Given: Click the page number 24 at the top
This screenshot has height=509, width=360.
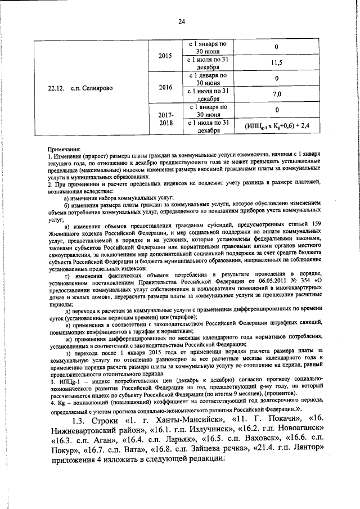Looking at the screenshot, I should tap(181, 22).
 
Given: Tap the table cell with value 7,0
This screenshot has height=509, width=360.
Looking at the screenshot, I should tap(276, 94).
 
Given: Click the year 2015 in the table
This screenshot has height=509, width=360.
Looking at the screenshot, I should tap(165, 57).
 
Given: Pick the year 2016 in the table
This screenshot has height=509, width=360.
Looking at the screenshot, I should tap(165, 87).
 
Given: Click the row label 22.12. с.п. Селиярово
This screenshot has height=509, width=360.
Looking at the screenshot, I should tap(84, 87).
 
